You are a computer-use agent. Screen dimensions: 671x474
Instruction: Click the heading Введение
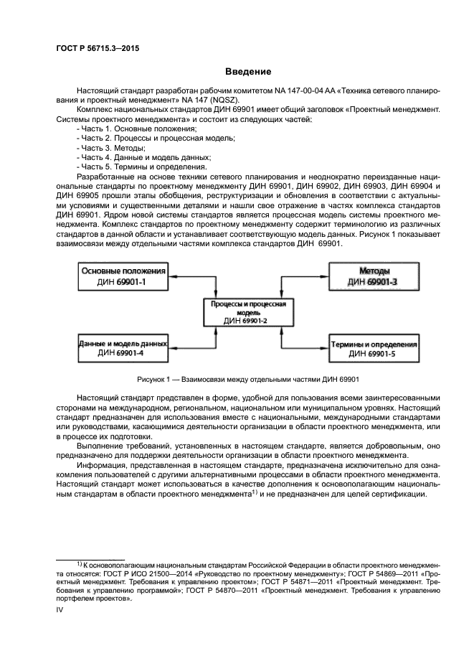pos(248,72)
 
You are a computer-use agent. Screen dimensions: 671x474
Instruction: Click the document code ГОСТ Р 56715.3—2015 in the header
pos(98,48)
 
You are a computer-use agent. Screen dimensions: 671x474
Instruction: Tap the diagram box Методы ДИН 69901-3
pos(373,277)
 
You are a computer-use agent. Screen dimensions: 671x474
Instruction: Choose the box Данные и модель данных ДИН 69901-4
pos(123,348)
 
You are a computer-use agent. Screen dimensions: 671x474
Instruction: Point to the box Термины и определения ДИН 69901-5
pos(373,348)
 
